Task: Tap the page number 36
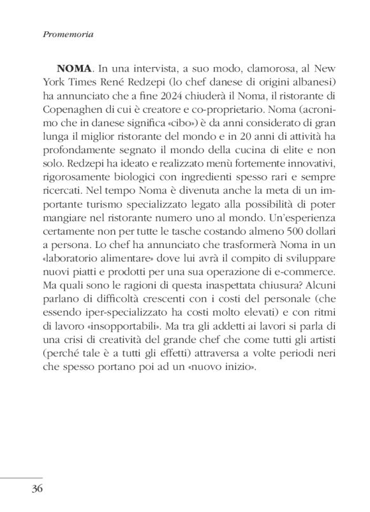point(34,490)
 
